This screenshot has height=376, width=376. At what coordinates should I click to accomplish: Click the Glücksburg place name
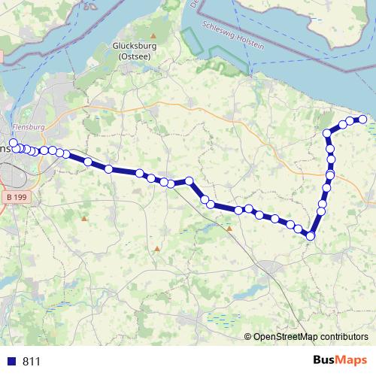click(x=132, y=46)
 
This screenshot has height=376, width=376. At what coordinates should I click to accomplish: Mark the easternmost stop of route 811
click(x=362, y=119)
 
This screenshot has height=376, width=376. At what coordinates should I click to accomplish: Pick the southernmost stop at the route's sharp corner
click(x=310, y=236)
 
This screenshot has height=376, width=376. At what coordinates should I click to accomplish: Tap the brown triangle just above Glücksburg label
click(x=153, y=35)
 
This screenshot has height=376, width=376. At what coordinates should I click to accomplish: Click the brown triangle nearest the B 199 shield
click(x=84, y=219)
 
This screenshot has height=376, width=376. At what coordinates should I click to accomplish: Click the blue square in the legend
click(x=11, y=361)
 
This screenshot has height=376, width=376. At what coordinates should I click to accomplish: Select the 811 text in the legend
click(x=32, y=361)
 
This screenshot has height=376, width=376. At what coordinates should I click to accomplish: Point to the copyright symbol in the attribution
click(x=249, y=337)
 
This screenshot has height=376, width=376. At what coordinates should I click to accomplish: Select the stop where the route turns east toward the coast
click(x=327, y=134)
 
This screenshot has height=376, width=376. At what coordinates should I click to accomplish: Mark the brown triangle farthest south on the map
click(x=157, y=248)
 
